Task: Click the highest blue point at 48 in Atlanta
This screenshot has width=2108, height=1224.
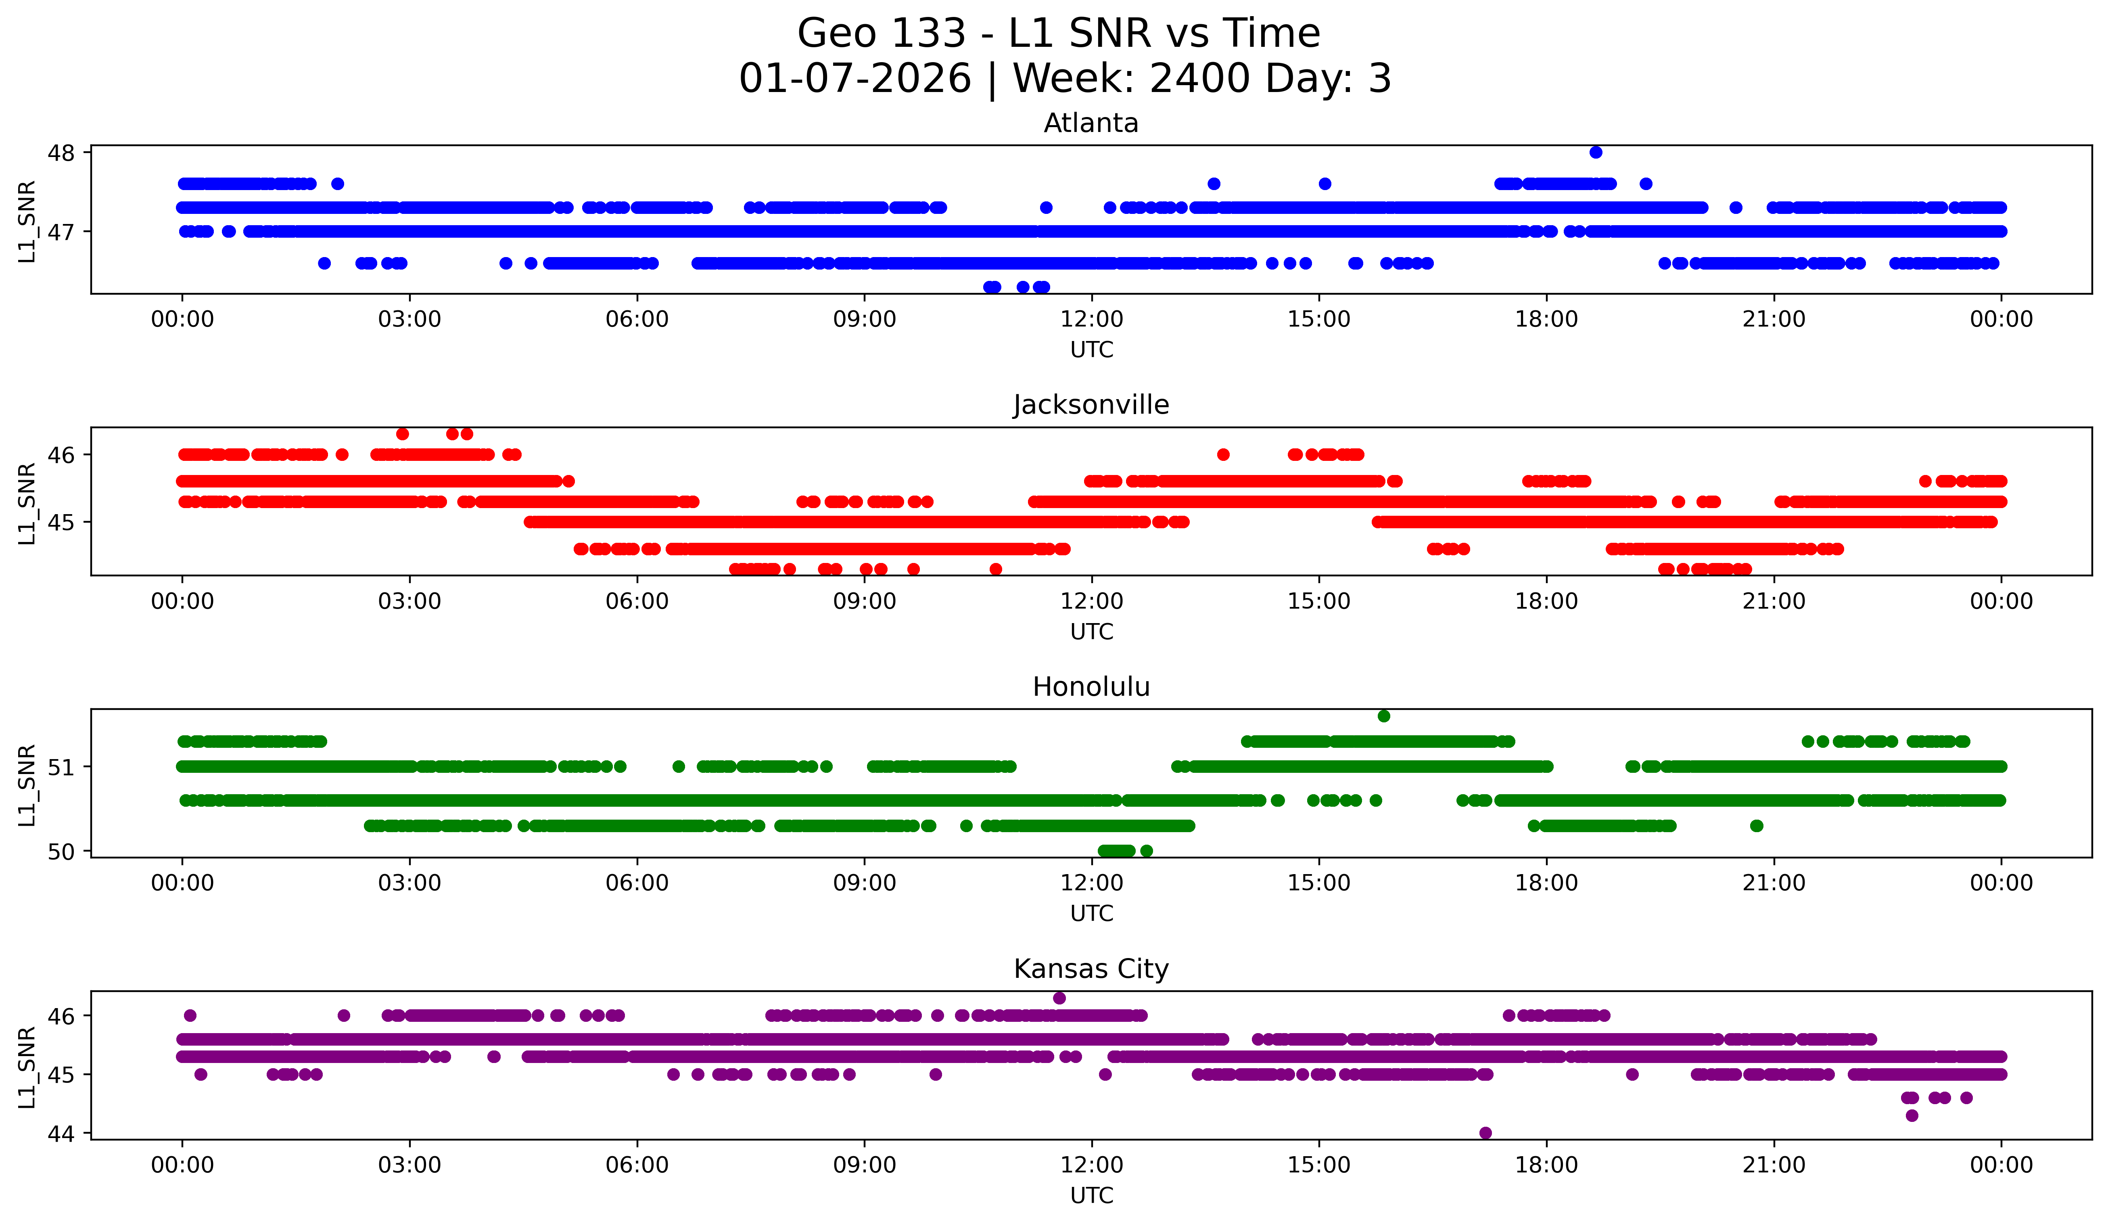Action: [x=1595, y=152]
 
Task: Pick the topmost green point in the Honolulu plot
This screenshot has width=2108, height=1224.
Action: [x=1383, y=716]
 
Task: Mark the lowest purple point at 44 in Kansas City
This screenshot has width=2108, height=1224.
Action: [x=1485, y=1133]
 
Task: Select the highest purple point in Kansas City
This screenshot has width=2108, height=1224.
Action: [x=1059, y=998]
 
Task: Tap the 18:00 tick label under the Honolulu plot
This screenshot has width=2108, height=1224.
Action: [x=1546, y=883]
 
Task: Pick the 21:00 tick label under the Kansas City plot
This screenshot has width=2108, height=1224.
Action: [x=1774, y=1165]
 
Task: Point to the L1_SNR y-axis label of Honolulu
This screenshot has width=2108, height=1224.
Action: [x=27, y=785]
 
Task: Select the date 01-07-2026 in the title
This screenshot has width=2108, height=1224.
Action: [x=854, y=79]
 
